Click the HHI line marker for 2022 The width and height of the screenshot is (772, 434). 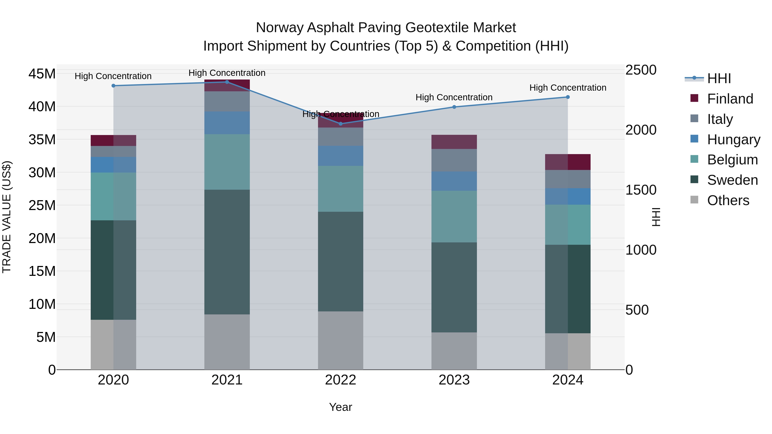341,124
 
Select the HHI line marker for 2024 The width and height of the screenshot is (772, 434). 568,97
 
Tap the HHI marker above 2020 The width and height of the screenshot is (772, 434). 113,86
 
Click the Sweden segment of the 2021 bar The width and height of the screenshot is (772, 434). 227,252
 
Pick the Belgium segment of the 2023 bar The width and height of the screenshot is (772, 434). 454,216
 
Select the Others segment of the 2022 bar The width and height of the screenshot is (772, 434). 341,340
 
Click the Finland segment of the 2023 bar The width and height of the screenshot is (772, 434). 454,142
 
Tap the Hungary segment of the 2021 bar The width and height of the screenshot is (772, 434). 227,123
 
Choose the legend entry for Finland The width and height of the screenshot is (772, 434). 730,99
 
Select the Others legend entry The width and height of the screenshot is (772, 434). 728,200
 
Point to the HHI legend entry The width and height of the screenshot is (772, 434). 719,78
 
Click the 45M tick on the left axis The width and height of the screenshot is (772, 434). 42,74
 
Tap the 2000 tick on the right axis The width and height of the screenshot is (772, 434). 641,130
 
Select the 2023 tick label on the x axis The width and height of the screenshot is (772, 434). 454,380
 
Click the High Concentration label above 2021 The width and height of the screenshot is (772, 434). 227,73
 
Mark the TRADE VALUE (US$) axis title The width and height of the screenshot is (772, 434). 7,217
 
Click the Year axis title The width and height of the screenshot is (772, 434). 341,407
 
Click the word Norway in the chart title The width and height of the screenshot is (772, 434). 280,28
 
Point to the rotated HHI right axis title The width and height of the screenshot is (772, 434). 656,217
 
